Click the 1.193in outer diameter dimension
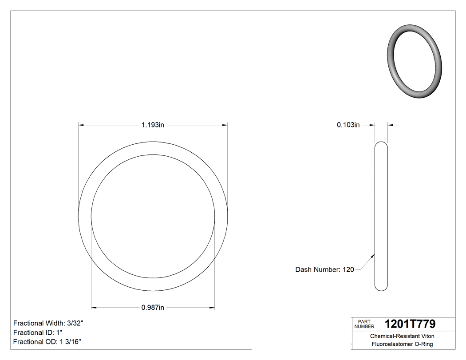tap(153, 125)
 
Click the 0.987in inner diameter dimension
tap(153, 308)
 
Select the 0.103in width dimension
tap(348, 125)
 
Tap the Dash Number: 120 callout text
tap(324, 269)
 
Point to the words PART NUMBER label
tap(364, 324)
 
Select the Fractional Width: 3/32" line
tap(48, 323)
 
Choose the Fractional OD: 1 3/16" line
tap(47, 341)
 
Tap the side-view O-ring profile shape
tap(381, 216)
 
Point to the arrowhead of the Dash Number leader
tap(373, 255)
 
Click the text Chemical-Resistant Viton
tap(402, 336)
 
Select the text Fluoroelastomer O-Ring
tap(402, 344)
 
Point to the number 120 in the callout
tap(348, 269)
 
